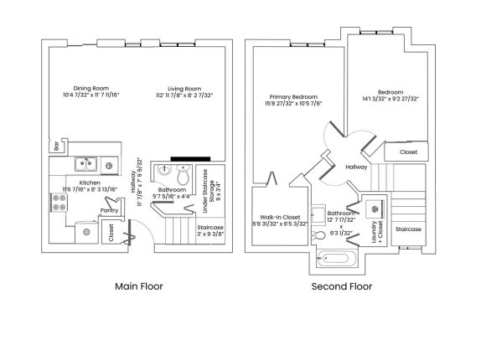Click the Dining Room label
pos(91,88)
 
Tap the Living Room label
pos(184,89)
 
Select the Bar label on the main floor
pos(56,146)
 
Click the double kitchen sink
pos(86,164)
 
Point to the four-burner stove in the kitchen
pos(59,203)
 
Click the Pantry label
pos(109,210)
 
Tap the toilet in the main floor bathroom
pos(184,175)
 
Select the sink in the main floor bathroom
pos(164,170)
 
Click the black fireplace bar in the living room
pos(190,159)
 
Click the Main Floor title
pos(138,286)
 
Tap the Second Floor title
pos(342,286)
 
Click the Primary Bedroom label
pos(293,97)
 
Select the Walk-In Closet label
pos(280,217)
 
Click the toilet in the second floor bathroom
pos(318,235)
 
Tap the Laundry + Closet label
pos(377,232)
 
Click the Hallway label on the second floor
pos(356,167)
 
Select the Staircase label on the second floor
pos(408,229)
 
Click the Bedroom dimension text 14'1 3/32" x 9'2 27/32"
pos(390,99)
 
